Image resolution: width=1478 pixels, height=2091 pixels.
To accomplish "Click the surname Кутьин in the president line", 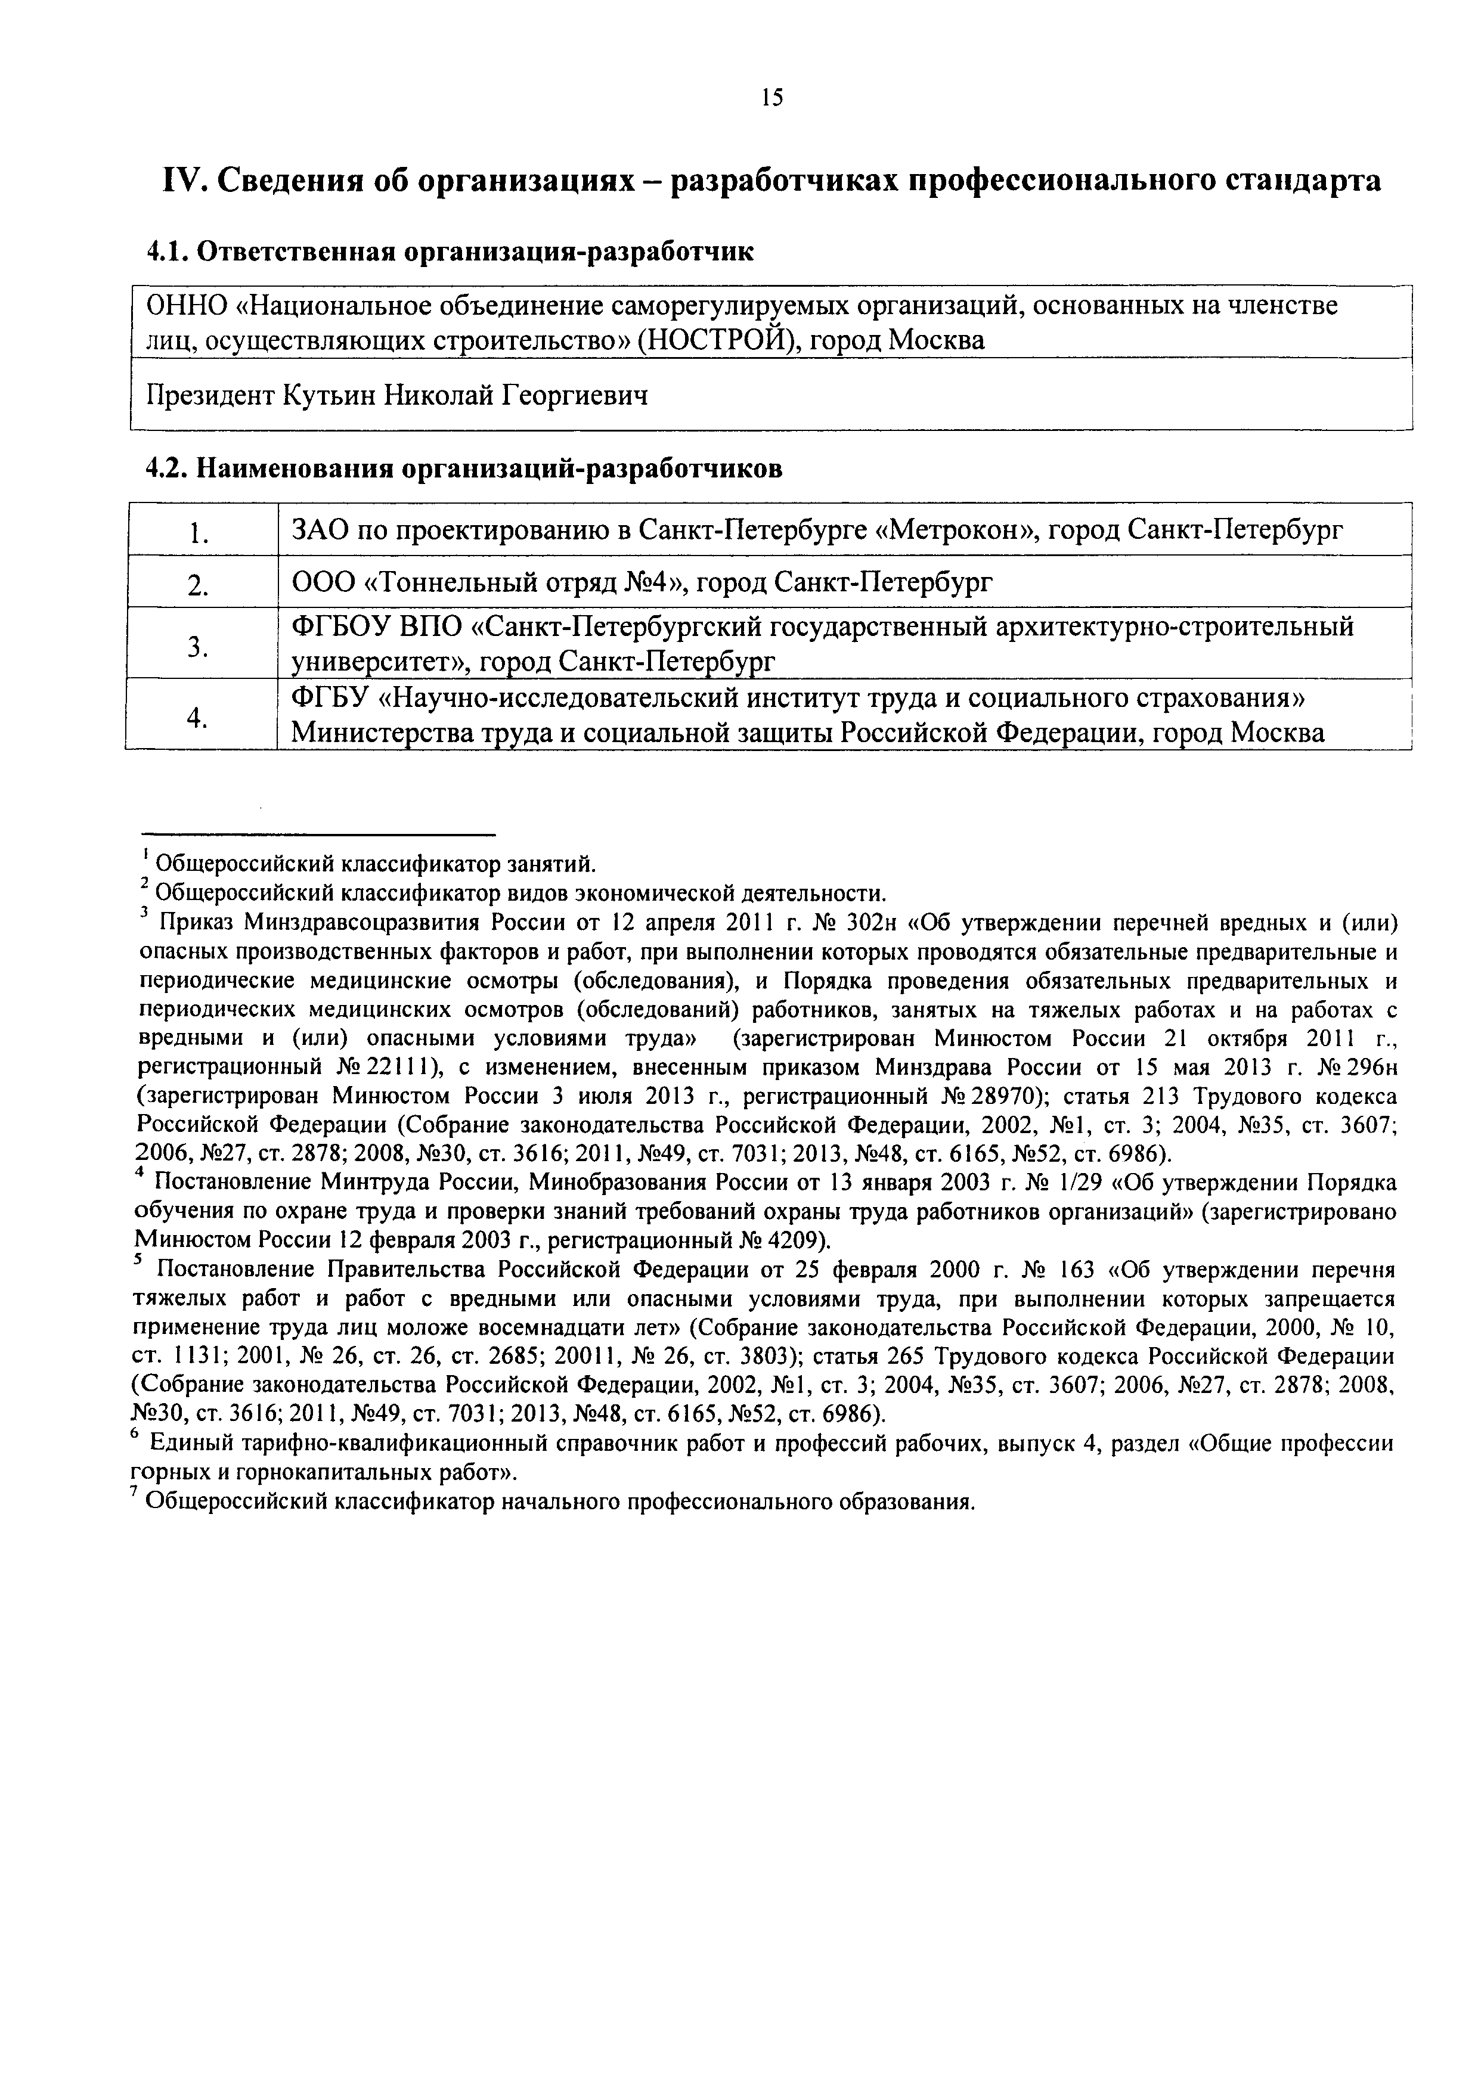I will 329,395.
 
